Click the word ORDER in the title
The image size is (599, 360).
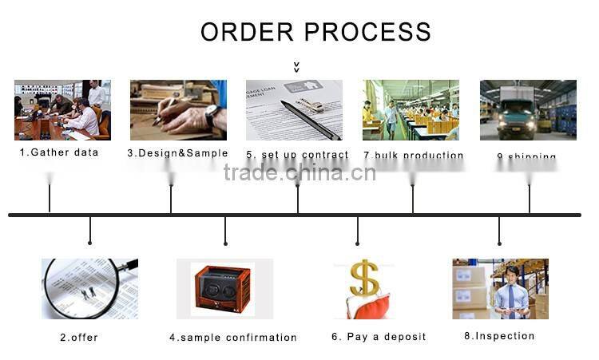[248, 32]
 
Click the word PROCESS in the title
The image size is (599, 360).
[368, 32]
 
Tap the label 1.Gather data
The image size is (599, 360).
[59, 152]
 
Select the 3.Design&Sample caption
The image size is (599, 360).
[177, 153]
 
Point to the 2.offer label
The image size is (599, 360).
[79, 338]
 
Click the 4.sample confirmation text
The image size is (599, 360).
[232, 338]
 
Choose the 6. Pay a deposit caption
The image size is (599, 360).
[379, 337]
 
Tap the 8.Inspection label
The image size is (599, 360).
[499, 336]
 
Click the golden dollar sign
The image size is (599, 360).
[364, 278]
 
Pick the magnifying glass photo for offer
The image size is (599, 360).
[89, 288]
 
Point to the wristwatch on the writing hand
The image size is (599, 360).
[212, 116]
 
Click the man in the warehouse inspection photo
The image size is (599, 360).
[510, 291]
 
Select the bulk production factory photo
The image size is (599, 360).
[411, 109]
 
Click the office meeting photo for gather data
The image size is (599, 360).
[62, 109]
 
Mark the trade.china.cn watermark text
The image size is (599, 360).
[299, 172]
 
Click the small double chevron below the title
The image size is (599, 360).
[296, 67]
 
